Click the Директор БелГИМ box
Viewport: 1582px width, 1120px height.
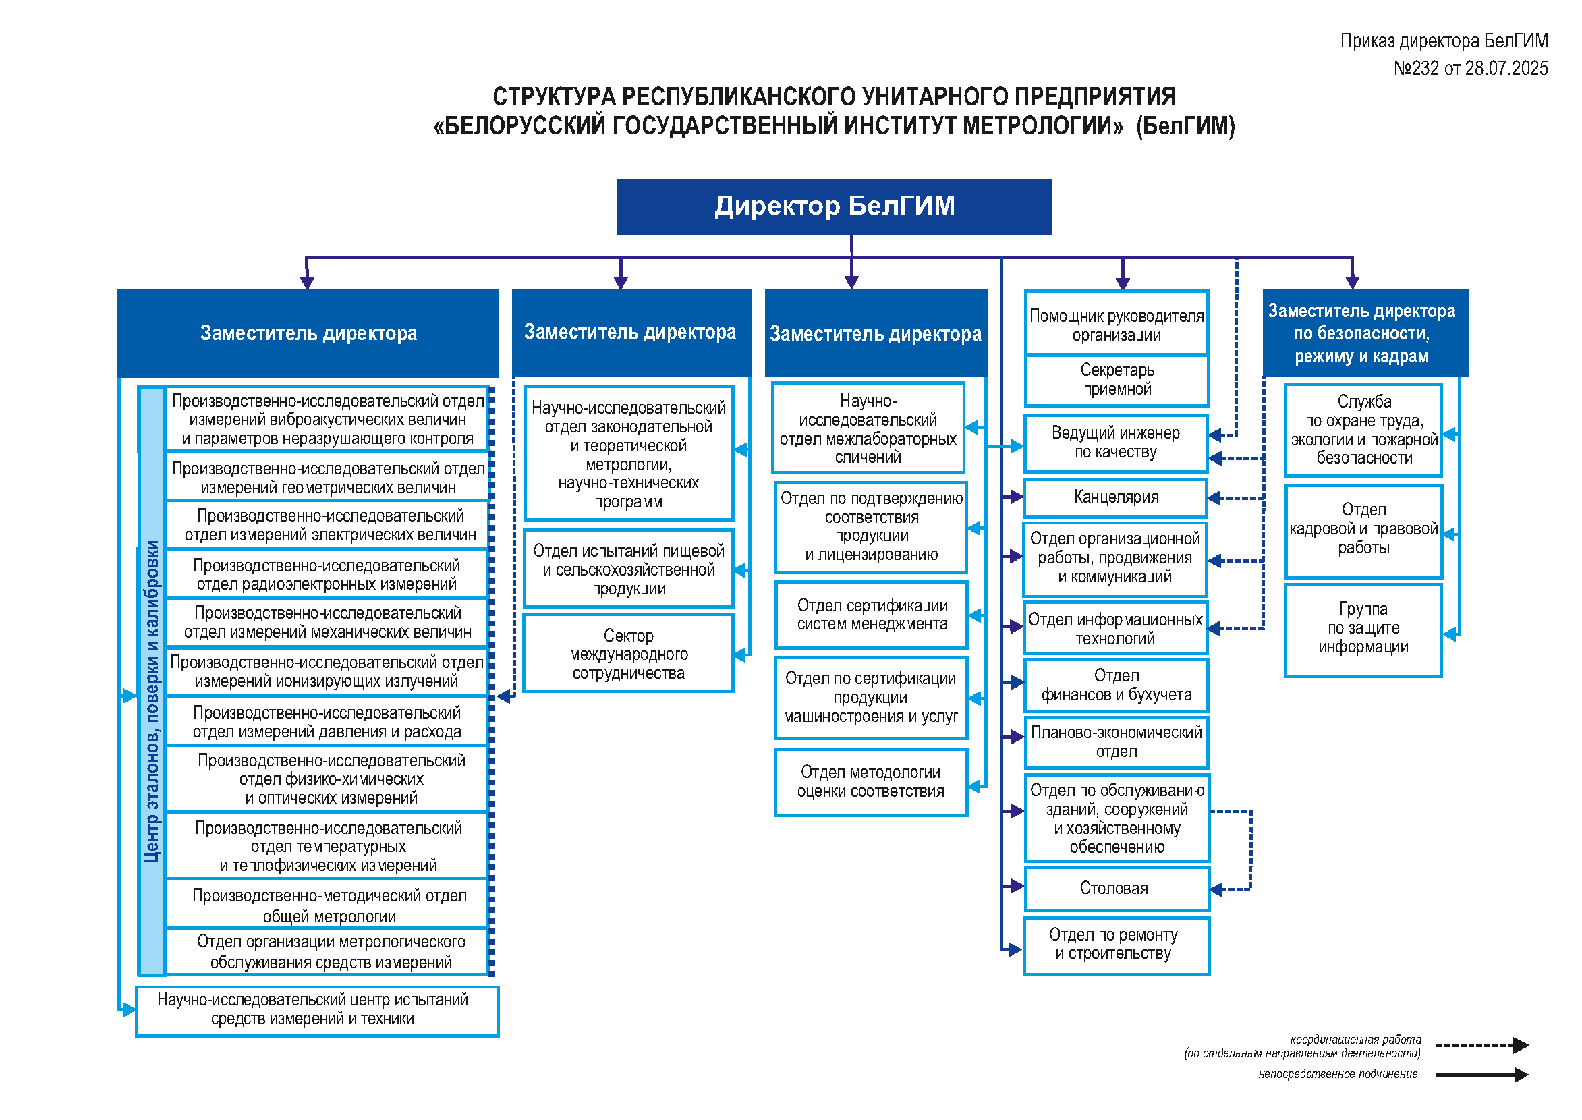(834, 207)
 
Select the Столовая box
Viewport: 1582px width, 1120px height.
(1117, 889)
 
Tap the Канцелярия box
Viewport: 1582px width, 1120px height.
(1116, 497)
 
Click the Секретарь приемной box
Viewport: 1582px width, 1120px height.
(1117, 380)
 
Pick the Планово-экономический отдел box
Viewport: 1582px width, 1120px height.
(1117, 742)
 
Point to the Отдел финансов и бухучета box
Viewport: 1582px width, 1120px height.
(1117, 685)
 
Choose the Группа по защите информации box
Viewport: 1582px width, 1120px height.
(1363, 630)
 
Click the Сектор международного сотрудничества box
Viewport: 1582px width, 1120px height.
(628, 653)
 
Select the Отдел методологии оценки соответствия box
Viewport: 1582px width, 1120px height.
(871, 782)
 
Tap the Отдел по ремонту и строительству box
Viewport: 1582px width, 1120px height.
(1117, 945)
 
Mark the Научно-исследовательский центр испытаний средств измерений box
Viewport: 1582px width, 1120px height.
(317, 1011)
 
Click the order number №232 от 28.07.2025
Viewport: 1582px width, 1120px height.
(1470, 68)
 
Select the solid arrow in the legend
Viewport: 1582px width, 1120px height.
(1483, 1075)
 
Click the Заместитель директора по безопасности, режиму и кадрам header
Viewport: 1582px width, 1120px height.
(1365, 333)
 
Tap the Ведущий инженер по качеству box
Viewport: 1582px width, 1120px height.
(1116, 443)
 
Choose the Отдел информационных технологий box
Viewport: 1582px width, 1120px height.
(1116, 627)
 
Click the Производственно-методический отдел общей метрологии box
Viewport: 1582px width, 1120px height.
(328, 904)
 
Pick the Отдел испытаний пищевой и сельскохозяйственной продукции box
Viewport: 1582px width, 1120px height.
(628, 569)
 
